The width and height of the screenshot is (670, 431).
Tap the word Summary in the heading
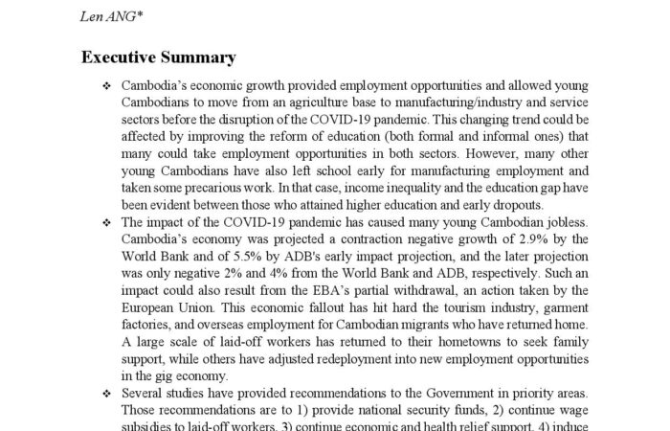pyautogui.click(x=201, y=57)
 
